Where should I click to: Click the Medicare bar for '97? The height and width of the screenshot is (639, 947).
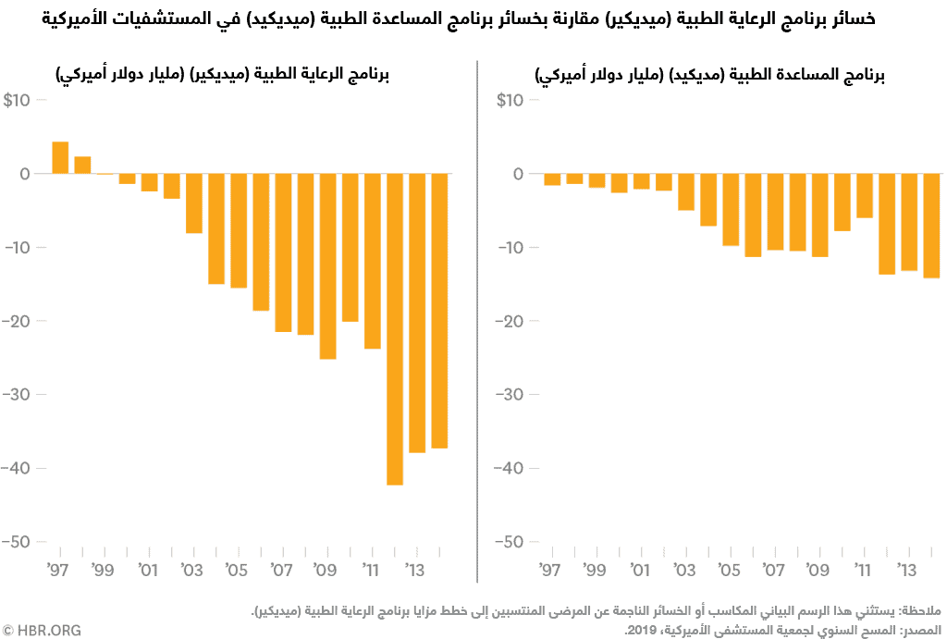(60, 158)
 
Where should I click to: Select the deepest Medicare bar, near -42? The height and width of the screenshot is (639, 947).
(395, 329)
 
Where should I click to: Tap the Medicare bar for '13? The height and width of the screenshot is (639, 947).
(417, 313)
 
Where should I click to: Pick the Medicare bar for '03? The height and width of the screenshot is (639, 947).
(194, 203)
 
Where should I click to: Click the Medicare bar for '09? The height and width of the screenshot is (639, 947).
(327, 266)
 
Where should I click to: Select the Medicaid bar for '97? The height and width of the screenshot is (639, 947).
(552, 179)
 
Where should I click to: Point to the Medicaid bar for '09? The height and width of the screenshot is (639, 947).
(819, 215)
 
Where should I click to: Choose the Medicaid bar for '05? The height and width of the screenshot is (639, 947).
(731, 210)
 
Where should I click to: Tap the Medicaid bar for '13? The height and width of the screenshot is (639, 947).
(909, 222)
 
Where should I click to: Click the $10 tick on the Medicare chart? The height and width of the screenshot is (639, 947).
(18, 100)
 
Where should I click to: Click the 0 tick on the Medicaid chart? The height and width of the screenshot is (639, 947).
(518, 174)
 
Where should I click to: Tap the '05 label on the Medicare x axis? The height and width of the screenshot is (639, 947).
(238, 568)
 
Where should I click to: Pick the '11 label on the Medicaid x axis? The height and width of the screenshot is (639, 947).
(863, 568)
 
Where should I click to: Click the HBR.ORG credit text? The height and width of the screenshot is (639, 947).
(42, 630)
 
